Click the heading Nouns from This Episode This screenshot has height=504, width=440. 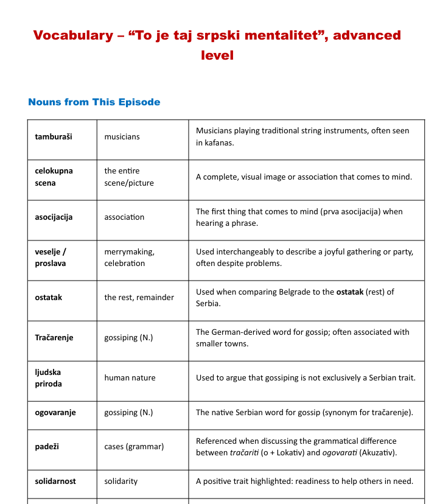pyautogui.click(x=94, y=102)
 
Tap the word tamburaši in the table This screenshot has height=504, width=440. pyautogui.click(x=54, y=137)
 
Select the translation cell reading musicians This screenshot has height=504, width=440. pyautogui.click(x=122, y=137)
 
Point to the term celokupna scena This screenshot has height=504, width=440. pyautogui.click(x=54, y=177)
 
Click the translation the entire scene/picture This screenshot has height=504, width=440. pyautogui.click(x=129, y=177)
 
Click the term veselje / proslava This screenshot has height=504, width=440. pyautogui.click(x=51, y=257)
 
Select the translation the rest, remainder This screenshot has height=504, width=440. pyautogui.click(x=139, y=298)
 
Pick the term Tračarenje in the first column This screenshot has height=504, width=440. pyautogui.click(x=54, y=338)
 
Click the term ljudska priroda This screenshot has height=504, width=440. pyautogui.click(x=48, y=378)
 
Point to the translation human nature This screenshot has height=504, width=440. pyautogui.click(x=130, y=378)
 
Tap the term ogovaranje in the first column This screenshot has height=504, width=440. pyautogui.click(x=55, y=413)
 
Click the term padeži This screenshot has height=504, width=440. pyautogui.click(x=47, y=447)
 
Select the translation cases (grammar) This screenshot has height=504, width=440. pyautogui.click(x=134, y=447)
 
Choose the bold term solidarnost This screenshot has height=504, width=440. pyautogui.click(x=55, y=481)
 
